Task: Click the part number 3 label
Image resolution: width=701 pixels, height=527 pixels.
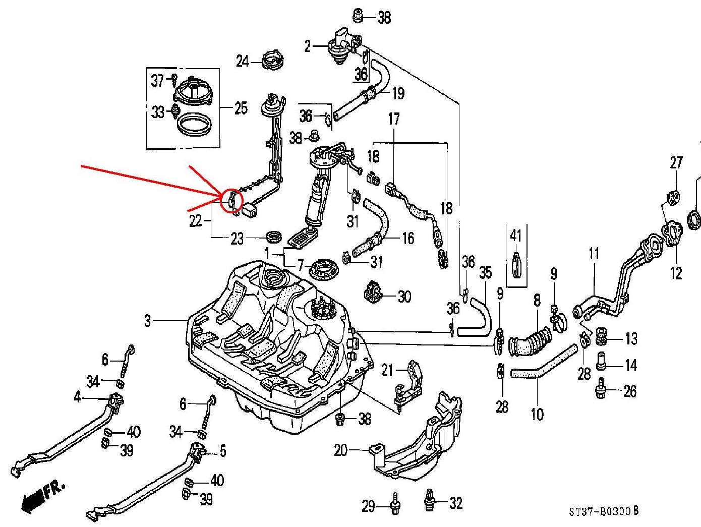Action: pos(147,321)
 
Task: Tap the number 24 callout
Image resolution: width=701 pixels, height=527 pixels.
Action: pos(243,62)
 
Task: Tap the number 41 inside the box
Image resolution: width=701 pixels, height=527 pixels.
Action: pos(515,235)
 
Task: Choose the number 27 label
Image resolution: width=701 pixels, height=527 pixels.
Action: pos(676,162)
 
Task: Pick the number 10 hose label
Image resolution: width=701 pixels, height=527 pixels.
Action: pos(537,414)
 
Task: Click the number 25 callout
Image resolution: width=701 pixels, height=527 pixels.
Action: pos(241,108)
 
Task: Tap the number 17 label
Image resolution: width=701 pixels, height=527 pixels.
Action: pos(394,120)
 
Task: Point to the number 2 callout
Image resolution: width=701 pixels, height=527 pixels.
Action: pos(308,47)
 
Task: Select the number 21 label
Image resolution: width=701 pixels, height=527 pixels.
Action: pos(387,371)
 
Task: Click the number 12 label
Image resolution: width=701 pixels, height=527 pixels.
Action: pos(676,273)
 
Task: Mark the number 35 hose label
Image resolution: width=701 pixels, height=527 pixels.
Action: pos(485,273)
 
